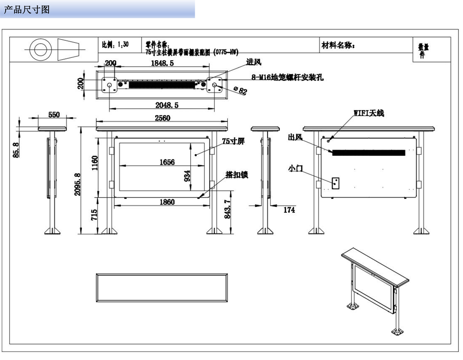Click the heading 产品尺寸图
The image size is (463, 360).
coord(26,10)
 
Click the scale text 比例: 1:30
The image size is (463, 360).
coord(115,44)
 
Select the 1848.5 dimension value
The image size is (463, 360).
coord(162,63)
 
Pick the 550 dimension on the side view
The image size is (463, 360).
coord(54,115)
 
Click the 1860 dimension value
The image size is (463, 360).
coord(167,202)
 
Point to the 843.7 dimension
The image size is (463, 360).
coord(227,211)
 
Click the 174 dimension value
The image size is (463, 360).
coord(289,210)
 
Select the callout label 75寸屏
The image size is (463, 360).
coord(233,141)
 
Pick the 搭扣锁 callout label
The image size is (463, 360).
coord(237,174)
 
